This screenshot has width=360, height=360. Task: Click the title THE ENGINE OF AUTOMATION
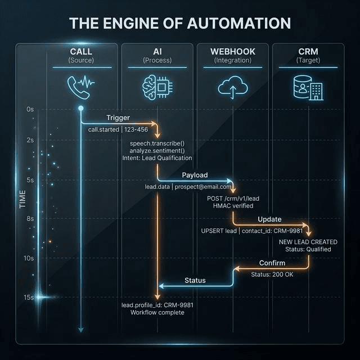[180, 23]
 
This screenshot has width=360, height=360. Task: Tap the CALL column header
[81, 52]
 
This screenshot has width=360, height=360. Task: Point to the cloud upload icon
[232, 87]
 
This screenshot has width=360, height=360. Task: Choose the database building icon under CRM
[308, 87]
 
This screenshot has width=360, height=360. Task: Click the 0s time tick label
[30, 109]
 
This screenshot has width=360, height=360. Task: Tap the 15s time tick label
[29, 297]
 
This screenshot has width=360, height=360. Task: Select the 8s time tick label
[30, 218]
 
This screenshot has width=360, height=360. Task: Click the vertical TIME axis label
[22, 200]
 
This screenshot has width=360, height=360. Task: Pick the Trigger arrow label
[118, 118]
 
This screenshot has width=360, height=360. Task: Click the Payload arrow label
[195, 175]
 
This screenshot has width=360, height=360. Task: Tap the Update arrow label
[269, 219]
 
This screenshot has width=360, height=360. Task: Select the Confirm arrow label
[272, 263]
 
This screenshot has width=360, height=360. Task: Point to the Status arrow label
[195, 280]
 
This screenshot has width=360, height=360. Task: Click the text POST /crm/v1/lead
[233, 199]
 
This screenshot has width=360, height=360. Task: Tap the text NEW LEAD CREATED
[305, 241]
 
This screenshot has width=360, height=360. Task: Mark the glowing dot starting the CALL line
[80, 108]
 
